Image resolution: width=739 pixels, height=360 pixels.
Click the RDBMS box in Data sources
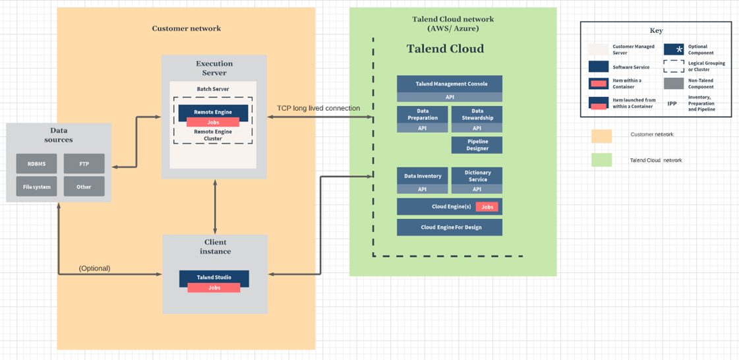coord(36,164)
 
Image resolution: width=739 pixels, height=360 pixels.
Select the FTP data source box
coord(84,164)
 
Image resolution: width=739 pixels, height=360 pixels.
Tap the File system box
coord(36,187)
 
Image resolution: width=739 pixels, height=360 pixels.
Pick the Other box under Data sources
coord(84,187)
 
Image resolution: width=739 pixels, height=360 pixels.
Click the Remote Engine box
coord(213,111)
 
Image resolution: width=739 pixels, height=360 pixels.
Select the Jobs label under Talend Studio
coord(214,288)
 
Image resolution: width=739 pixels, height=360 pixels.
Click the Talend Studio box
coord(214,277)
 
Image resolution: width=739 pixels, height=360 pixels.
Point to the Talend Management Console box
coord(450,84)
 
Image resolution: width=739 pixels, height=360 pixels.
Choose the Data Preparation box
coord(423,115)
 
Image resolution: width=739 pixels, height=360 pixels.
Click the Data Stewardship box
coord(477,115)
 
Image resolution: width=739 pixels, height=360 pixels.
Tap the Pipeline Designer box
coord(477,145)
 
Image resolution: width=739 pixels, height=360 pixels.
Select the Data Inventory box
coord(423,176)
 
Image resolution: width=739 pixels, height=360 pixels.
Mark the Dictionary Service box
coord(477,176)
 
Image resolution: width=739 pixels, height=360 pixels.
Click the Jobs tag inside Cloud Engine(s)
coord(487,207)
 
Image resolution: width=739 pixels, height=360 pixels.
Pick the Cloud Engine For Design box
coord(450,227)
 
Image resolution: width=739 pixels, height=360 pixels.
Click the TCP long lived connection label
coord(319,108)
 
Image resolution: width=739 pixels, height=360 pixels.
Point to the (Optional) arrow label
coord(94,268)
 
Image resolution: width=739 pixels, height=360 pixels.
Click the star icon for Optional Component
coord(674,49)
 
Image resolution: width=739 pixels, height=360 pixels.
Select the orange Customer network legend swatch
coord(601,135)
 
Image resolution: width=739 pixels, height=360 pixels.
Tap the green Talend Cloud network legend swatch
coord(601,160)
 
